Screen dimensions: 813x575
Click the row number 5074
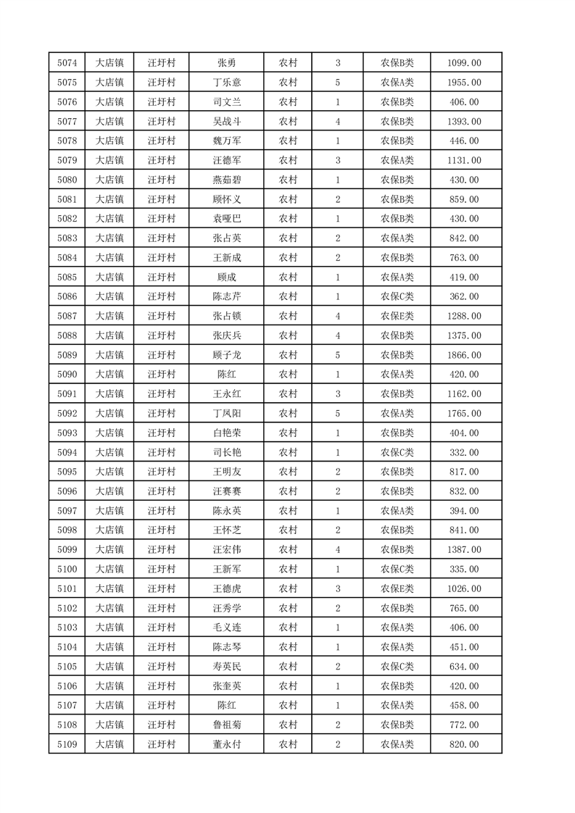[x=67, y=63]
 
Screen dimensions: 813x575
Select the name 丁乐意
[x=226, y=83]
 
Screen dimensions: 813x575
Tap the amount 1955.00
[x=466, y=83]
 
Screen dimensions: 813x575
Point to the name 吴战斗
[x=226, y=121]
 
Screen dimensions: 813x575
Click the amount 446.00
[x=466, y=141]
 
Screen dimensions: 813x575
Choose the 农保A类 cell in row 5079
[x=397, y=160]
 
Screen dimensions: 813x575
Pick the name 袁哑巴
[x=226, y=218]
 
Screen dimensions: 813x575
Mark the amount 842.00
[x=466, y=238]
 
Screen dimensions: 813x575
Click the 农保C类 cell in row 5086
[x=397, y=296]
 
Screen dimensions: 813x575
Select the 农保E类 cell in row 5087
[x=397, y=316]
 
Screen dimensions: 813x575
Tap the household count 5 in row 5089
[x=338, y=355]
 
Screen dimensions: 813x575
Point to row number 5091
[x=67, y=393]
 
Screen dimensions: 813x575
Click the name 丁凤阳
[x=226, y=413]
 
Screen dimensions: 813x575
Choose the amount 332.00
[x=466, y=452]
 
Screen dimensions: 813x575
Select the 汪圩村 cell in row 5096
[x=162, y=491]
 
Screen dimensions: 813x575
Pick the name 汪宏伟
[x=226, y=549]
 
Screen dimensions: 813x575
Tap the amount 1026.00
[x=466, y=588]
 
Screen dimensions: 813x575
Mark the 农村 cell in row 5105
[x=288, y=666]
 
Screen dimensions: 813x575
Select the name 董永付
[x=226, y=743]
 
